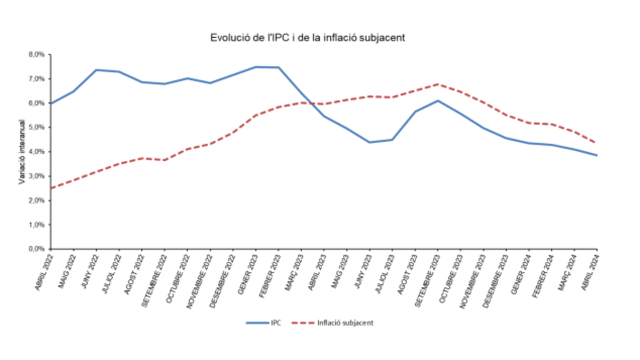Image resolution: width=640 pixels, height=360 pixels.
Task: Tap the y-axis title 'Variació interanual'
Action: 22,152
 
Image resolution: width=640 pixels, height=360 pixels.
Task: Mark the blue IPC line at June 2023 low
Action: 370,142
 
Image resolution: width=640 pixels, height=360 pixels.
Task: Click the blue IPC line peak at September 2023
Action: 438,100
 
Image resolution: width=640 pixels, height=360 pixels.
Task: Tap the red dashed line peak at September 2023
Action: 438,84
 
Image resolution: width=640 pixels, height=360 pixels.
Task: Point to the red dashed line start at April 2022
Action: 51,188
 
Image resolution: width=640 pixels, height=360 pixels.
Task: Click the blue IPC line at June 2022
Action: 96,70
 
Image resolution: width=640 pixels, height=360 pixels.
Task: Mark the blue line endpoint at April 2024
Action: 597,155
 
